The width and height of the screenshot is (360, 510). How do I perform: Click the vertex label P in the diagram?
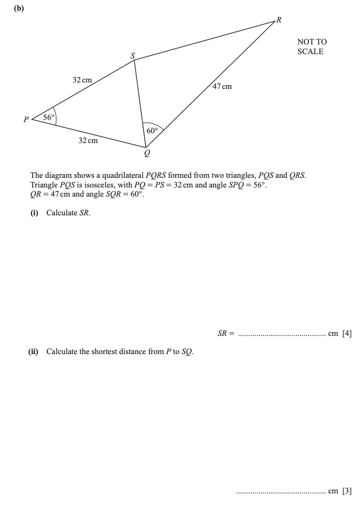tap(25, 120)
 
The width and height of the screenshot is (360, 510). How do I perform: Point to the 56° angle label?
tap(49, 117)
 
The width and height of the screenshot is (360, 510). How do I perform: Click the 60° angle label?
tap(152, 130)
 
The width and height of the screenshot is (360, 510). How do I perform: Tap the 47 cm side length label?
tap(222, 86)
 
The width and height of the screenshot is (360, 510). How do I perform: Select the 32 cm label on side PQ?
tap(88, 140)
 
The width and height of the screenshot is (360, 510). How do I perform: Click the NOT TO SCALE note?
tap(312, 47)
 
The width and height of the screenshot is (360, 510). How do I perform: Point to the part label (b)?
tap(20, 8)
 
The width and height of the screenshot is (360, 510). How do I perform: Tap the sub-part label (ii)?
tap(34, 351)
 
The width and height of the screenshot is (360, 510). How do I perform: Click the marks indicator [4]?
tap(347, 333)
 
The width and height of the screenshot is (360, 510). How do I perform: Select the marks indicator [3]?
tap(347, 490)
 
